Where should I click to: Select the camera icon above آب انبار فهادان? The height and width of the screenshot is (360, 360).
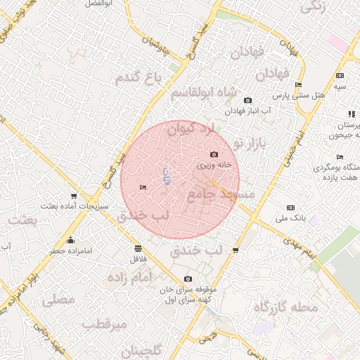tap(247, 101)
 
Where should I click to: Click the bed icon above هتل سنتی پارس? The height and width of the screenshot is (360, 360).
tap(299, 84)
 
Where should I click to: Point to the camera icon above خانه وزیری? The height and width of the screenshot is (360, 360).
tap(214, 155)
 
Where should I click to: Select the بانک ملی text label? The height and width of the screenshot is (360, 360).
tap(291, 218)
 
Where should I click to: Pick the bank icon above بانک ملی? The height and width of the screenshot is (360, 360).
tap(291, 207)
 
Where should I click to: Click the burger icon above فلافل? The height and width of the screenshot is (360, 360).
tap(137, 248)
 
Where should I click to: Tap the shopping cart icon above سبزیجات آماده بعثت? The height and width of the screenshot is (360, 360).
tap(74, 196)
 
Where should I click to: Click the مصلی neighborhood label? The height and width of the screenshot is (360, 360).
tap(58, 300)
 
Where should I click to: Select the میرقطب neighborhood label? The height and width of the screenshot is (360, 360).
tap(105, 325)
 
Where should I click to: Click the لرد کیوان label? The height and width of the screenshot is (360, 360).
tap(189, 129)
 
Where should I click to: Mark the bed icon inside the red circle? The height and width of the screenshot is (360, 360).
tap(143, 187)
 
